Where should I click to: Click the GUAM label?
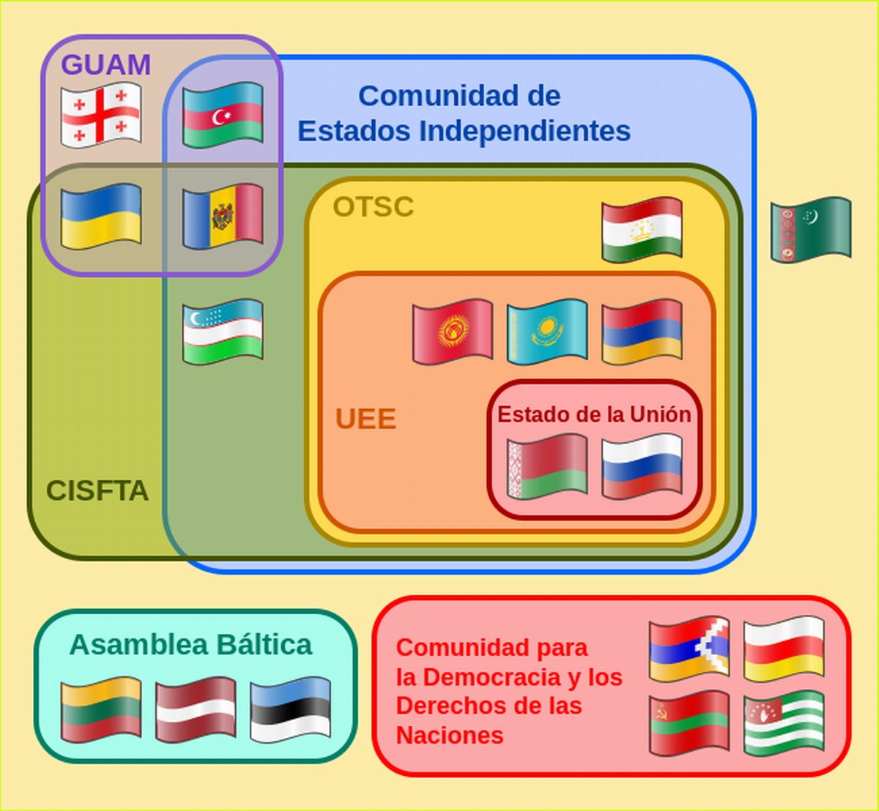[x=105, y=65]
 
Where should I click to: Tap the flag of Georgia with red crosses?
[x=100, y=115]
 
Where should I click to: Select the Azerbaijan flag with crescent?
[x=223, y=115]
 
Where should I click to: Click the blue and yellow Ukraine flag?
[x=100, y=216]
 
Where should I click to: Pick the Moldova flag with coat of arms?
[x=223, y=216]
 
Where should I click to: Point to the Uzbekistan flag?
[x=223, y=331]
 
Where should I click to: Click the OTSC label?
[x=373, y=207]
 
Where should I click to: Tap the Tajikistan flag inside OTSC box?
[x=642, y=229]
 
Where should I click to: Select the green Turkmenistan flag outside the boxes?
[x=811, y=229]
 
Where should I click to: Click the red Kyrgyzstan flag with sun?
[x=452, y=331]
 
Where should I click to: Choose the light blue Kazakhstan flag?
[x=546, y=331]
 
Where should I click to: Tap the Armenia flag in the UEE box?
[x=642, y=331]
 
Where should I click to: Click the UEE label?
[x=366, y=419]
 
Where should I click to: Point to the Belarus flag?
[x=546, y=467]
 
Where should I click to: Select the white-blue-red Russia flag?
[x=642, y=467]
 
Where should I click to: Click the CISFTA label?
[x=97, y=491]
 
